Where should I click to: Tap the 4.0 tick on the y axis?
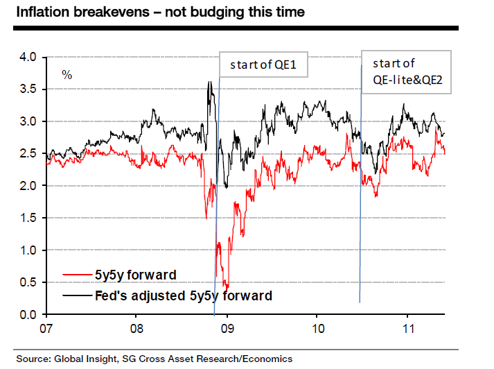(29, 57)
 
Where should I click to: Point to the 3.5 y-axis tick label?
(29, 89)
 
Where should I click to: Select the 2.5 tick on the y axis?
(29, 153)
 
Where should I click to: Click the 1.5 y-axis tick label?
(29, 218)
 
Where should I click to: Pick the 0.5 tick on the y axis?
(29, 282)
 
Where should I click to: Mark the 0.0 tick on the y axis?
(29, 314)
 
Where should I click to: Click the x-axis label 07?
(47, 327)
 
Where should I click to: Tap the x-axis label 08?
(136, 327)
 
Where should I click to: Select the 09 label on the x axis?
(227, 327)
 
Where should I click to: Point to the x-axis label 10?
(317, 327)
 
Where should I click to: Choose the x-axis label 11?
(407, 327)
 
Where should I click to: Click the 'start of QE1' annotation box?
(263, 67)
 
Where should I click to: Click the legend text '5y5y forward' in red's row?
(135, 275)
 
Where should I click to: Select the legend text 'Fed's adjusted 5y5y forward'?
(183, 295)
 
